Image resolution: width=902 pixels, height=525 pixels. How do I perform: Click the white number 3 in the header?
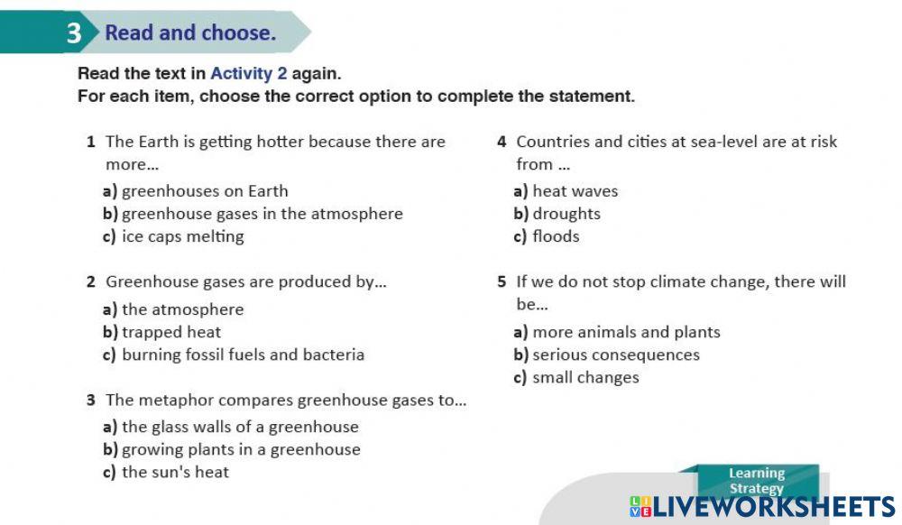(x=74, y=32)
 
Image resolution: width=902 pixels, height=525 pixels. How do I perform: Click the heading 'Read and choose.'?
(x=190, y=32)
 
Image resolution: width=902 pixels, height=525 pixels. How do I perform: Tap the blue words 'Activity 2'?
(x=249, y=74)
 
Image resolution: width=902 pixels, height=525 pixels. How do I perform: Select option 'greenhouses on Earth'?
(x=205, y=191)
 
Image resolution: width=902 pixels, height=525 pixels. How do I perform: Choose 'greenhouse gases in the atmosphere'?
(x=262, y=214)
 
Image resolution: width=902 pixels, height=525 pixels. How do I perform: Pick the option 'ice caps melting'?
(x=183, y=236)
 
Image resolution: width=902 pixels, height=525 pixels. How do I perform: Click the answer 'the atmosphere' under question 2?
(x=183, y=309)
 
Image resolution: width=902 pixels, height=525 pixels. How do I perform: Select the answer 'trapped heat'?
(x=171, y=332)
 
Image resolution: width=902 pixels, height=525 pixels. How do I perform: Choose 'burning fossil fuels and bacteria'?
(x=243, y=355)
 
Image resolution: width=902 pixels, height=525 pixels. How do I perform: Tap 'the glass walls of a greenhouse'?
(x=240, y=427)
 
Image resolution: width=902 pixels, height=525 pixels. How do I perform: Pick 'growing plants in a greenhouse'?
(x=241, y=449)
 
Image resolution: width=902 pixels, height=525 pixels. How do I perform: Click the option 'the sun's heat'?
(x=176, y=472)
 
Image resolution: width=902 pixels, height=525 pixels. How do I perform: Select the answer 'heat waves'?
(x=575, y=191)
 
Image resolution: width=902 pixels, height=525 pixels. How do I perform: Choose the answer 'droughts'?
(x=566, y=214)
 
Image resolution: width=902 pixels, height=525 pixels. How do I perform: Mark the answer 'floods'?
(x=556, y=236)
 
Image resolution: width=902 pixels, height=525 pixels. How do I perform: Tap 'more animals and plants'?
(x=627, y=332)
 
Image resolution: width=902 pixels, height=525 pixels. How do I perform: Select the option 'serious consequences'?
(x=616, y=355)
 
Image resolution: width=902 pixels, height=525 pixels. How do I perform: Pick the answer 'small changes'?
(x=585, y=378)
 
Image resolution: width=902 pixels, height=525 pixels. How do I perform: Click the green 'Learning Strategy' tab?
(x=757, y=481)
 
